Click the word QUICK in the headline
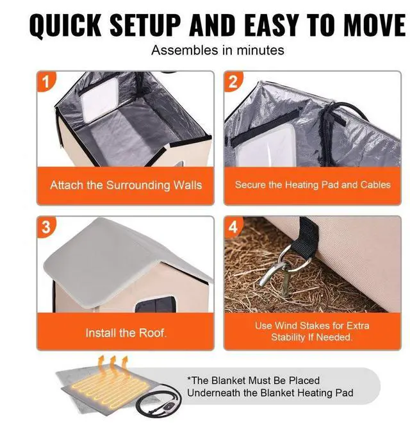65,26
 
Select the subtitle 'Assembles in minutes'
217,50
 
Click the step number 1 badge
46,81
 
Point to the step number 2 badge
233,81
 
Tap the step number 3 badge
46,227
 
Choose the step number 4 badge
233,227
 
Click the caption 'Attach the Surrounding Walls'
126,185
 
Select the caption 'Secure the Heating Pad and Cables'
313,185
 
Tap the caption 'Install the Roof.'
126,333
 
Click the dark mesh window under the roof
156,304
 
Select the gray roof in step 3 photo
116,259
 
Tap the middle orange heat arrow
113,363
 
